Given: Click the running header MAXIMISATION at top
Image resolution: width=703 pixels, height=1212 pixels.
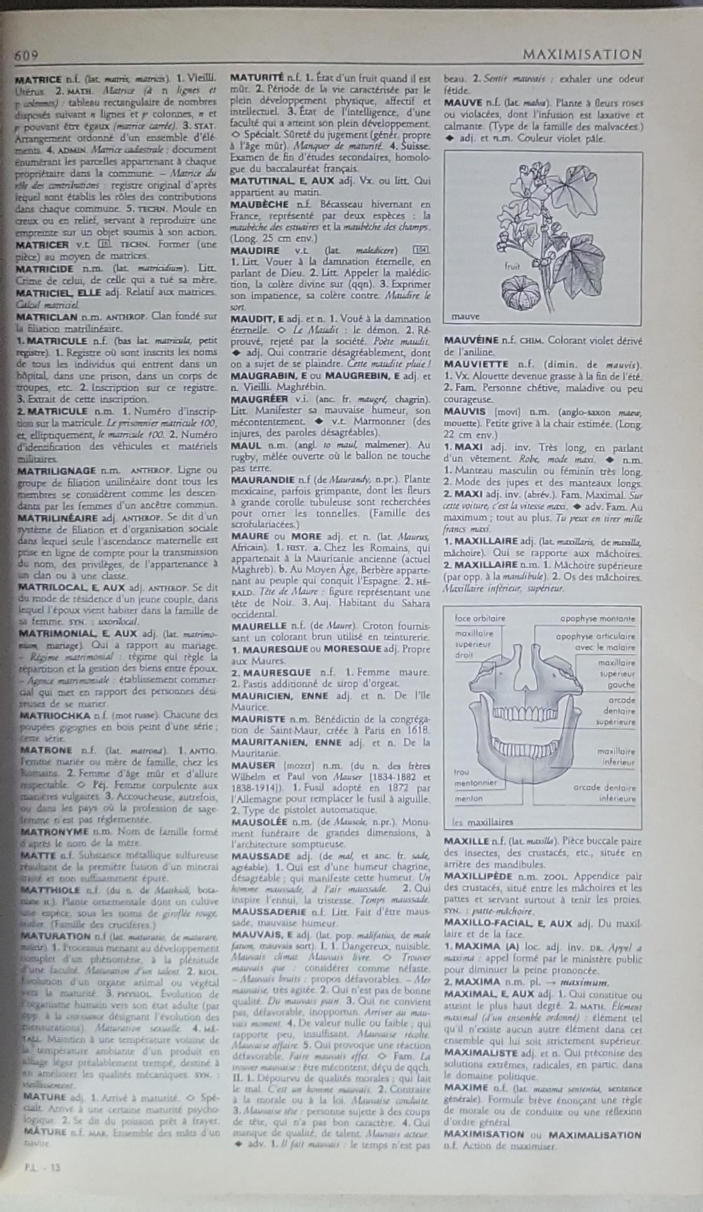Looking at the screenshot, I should [x=582, y=55].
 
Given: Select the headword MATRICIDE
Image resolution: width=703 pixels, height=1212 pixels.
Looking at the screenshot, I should [x=45, y=269].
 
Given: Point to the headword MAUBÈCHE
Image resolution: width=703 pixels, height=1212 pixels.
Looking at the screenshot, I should [x=259, y=205].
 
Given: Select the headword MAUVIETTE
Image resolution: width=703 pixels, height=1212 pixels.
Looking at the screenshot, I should [x=476, y=364].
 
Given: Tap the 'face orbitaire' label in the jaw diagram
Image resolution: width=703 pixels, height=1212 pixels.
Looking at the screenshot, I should [x=480, y=618].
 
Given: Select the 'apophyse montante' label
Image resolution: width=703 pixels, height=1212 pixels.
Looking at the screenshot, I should [x=597, y=619].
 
